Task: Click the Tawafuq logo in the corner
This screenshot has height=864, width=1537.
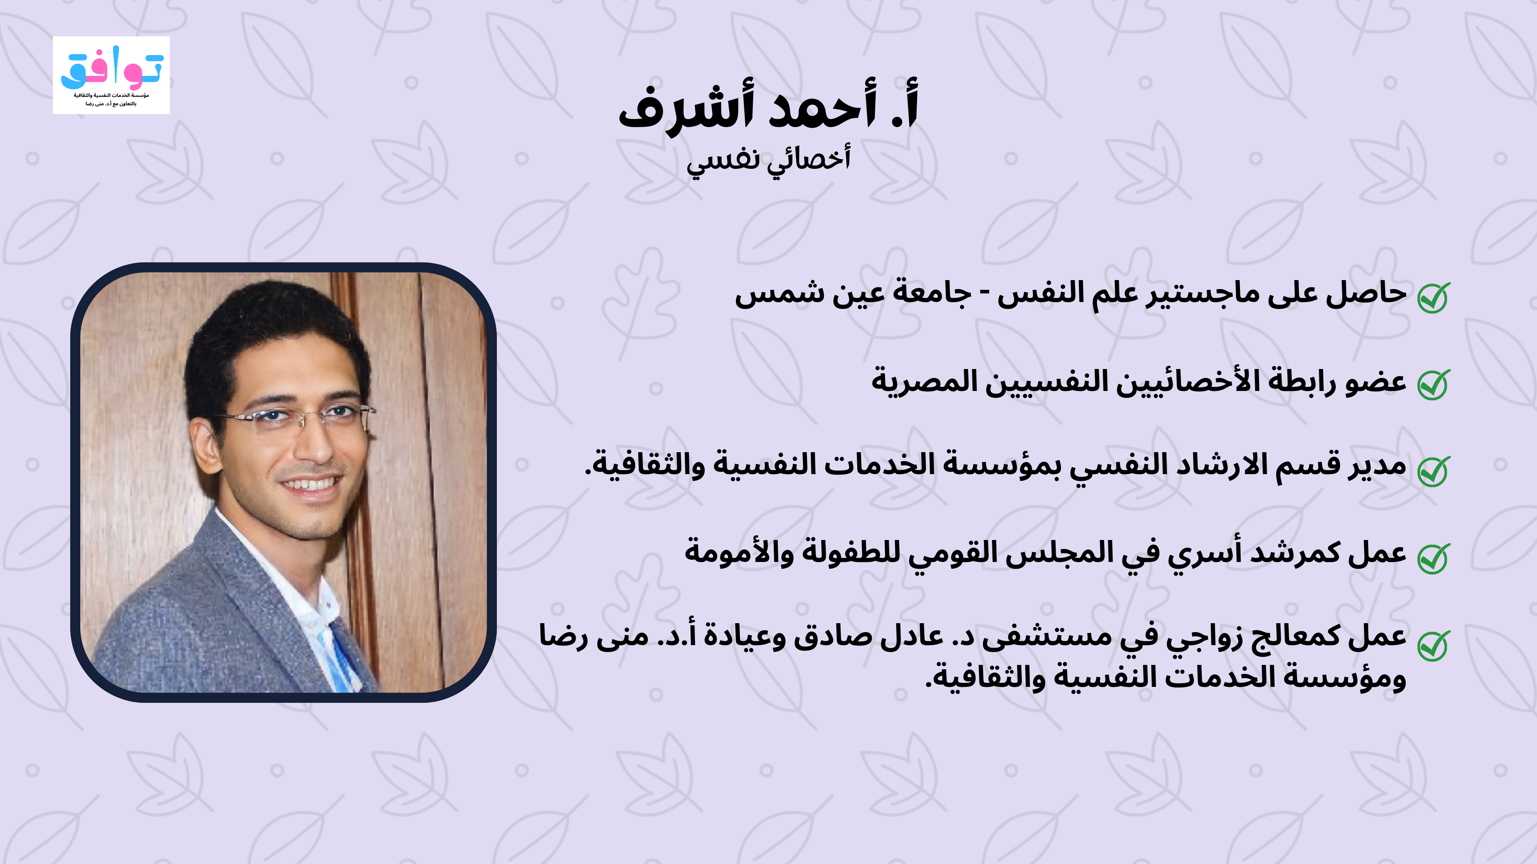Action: click(112, 75)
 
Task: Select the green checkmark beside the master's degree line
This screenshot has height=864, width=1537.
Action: click(1434, 297)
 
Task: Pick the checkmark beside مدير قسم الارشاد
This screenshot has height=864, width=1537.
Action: click(1434, 471)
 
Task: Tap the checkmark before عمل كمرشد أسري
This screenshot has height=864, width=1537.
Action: click(1434, 558)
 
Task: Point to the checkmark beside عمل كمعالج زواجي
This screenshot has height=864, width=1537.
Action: click(1434, 645)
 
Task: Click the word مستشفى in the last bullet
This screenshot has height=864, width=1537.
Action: click(1047, 637)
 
